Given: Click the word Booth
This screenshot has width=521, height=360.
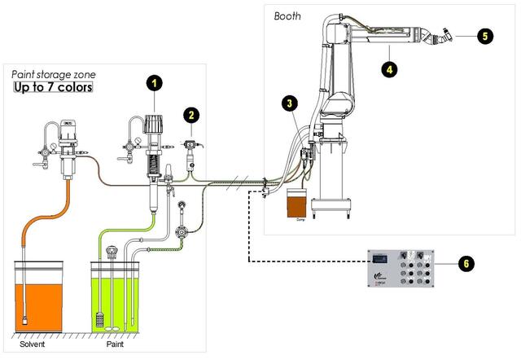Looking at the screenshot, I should tap(287, 15).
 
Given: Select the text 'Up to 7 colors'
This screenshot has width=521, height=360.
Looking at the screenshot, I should tap(53, 86).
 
